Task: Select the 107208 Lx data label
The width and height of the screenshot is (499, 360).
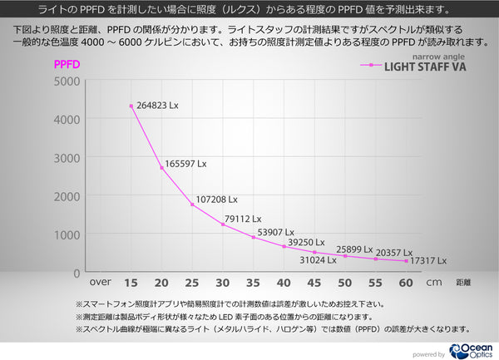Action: (x=216, y=200)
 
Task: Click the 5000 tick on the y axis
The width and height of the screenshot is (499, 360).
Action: (x=67, y=81)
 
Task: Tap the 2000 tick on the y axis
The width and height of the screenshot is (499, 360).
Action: (x=67, y=195)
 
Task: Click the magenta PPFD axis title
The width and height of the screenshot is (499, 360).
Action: (x=67, y=64)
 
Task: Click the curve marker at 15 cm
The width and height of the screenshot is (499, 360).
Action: (x=131, y=106)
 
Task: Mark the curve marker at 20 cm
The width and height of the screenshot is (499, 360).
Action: (x=161, y=167)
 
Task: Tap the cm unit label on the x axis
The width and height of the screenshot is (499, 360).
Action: (x=434, y=281)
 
